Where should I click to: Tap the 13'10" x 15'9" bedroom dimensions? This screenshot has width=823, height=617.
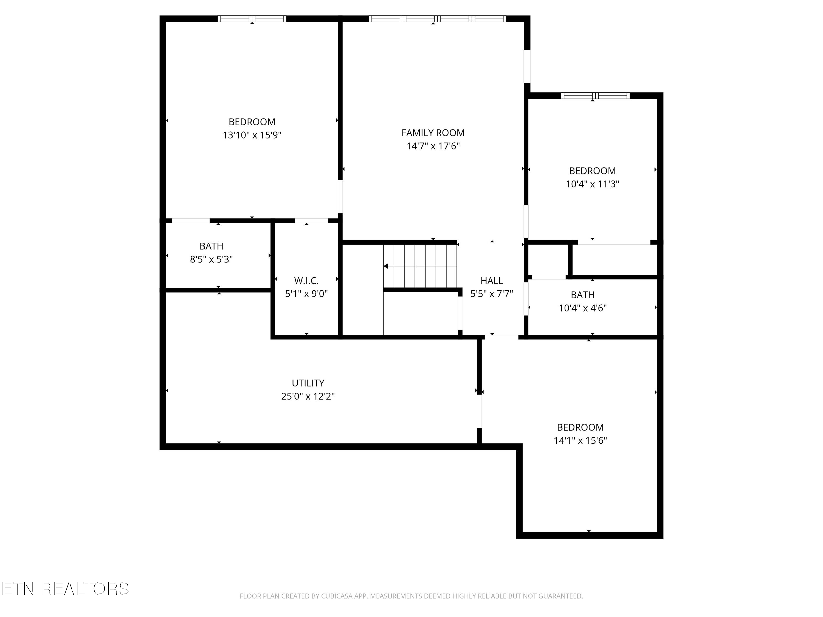252,135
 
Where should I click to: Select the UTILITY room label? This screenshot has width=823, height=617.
308,383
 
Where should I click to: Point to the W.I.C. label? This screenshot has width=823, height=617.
306,281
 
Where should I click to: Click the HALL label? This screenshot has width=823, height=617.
492,281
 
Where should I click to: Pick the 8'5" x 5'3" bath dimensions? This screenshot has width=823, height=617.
211,259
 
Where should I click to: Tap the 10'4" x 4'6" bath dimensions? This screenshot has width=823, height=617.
583,308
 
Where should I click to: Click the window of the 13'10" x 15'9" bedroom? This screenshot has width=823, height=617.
252,19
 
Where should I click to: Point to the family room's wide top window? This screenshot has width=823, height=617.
437,19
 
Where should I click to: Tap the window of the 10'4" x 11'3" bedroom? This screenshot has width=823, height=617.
595,96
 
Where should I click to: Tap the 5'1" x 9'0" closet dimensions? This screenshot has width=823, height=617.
306,294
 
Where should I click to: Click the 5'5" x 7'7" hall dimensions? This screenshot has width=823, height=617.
492,294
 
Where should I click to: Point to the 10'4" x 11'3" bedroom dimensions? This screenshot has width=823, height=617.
592,184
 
